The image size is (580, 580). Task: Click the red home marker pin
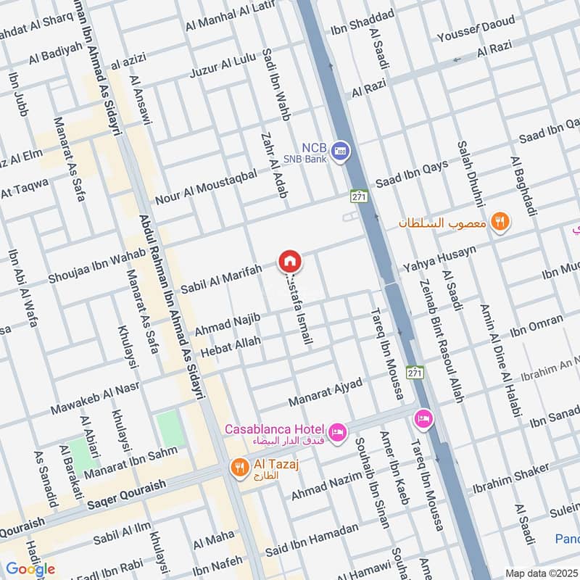click(289, 260)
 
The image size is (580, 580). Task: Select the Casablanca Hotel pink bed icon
click(338, 433)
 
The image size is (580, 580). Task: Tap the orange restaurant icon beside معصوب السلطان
click(499, 222)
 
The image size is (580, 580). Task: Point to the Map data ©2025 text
click(542, 573)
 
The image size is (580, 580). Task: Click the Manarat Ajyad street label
click(325, 391)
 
